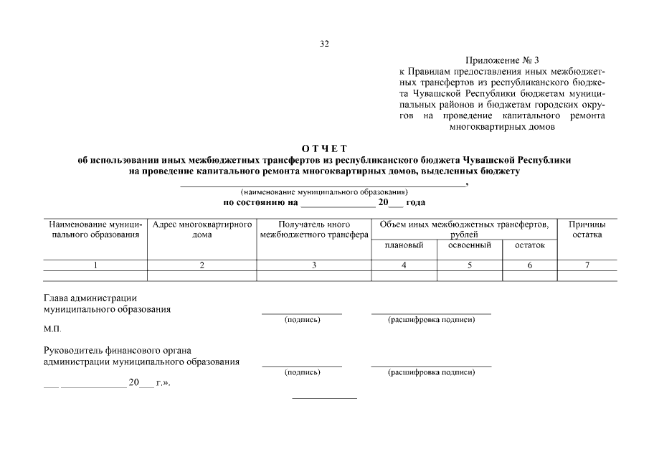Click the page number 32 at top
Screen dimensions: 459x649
pos(324,44)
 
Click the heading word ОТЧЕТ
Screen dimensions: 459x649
pos(324,148)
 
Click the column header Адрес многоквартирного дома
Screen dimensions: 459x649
pos(202,229)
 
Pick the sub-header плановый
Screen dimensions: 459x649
pos(404,245)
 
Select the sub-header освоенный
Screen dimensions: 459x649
pos(469,245)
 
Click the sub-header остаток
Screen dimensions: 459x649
pos(529,245)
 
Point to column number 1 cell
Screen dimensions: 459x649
pos(95,265)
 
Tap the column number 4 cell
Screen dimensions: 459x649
pos(404,265)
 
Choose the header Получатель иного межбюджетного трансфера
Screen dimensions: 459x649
pos(313,229)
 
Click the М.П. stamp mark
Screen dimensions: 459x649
pos(52,329)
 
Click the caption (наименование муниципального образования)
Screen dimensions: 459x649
pos(324,192)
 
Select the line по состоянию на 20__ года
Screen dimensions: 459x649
pos(324,203)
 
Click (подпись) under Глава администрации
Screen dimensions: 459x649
pos(302,320)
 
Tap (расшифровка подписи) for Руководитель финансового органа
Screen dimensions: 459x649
pos(431,373)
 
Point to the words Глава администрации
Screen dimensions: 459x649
pos(90,298)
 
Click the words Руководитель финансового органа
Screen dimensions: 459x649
pos(117,351)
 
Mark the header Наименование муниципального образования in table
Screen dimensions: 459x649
pos(95,229)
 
